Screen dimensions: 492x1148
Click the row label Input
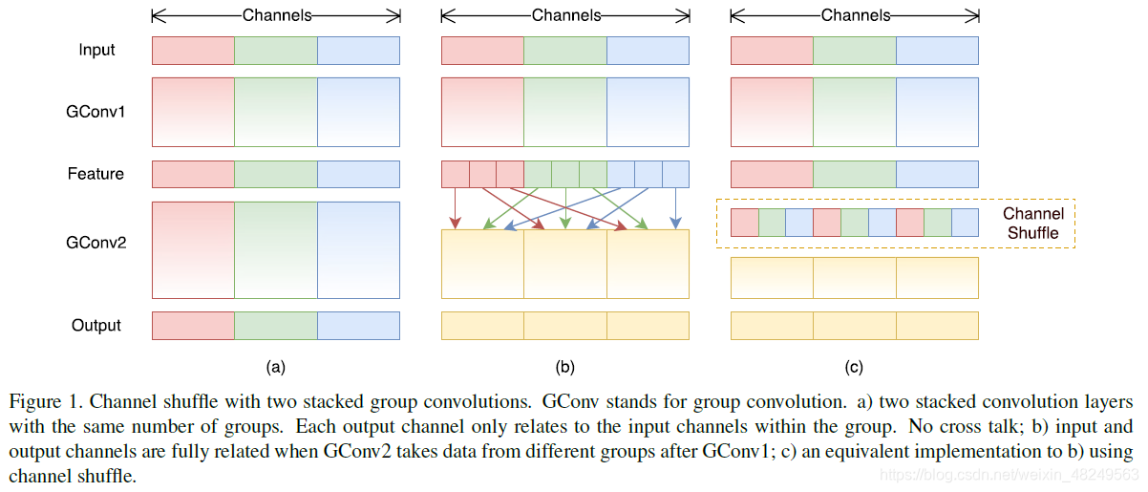[x=96, y=50]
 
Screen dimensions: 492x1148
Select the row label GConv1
[x=96, y=112]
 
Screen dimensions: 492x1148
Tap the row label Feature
[x=96, y=174]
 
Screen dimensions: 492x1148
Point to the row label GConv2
[x=96, y=243]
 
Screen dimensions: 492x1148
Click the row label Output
[x=96, y=326]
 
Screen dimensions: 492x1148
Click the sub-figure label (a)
[x=275, y=366]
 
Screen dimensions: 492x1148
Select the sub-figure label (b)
[x=564, y=366]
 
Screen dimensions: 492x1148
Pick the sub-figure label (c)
[x=854, y=366]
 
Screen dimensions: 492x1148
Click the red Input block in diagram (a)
[x=193, y=50]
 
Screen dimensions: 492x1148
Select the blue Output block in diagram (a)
[x=358, y=326]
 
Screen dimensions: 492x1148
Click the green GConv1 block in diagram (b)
[x=564, y=112]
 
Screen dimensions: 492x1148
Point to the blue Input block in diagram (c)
[x=937, y=50]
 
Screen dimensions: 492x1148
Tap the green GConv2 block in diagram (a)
[x=275, y=250]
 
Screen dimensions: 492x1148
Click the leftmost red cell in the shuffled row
[x=744, y=223]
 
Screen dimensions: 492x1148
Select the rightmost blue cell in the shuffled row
[x=965, y=223]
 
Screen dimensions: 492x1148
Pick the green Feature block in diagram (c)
[x=854, y=174]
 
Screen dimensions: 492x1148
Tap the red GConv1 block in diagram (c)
[x=772, y=112]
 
